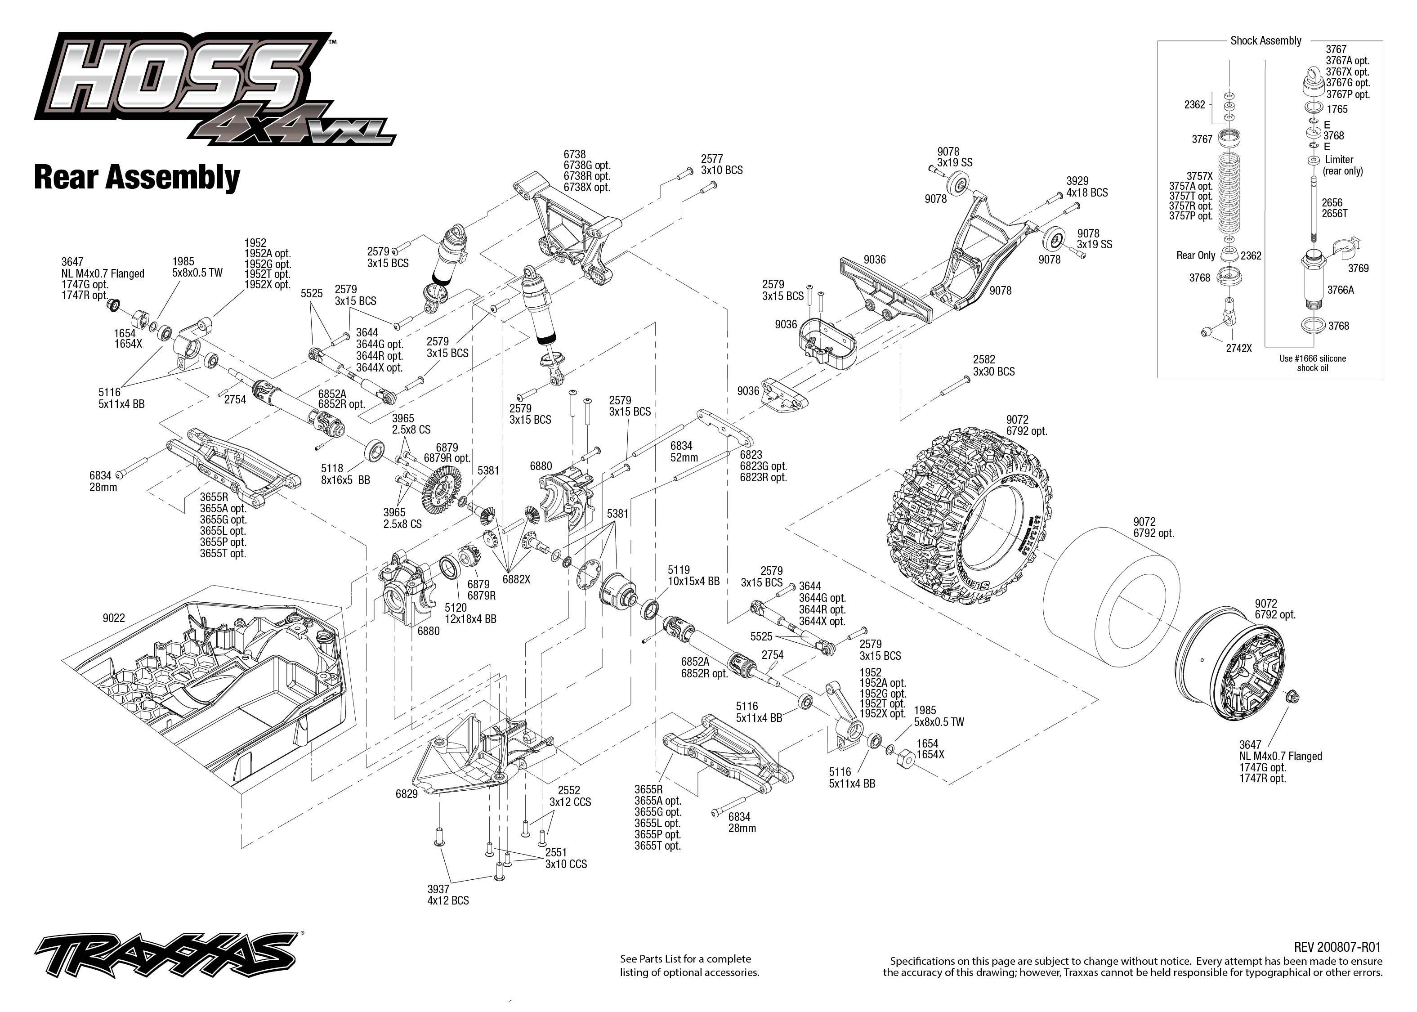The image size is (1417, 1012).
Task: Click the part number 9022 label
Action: (x=114, y=618)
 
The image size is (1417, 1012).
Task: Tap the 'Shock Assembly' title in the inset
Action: (x=1265, y=40)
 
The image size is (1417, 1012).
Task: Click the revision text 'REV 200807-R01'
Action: (x=1337, y=947)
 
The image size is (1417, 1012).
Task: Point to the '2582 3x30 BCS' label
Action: (x=993, y=366)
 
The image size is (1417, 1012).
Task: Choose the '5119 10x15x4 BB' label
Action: (x=693, y=575)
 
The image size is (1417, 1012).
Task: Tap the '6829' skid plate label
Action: (x=407, y=794)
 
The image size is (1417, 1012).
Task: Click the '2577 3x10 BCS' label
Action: (x=721, y=165)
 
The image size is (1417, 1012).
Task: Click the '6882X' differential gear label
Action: (x=516, y=579)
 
